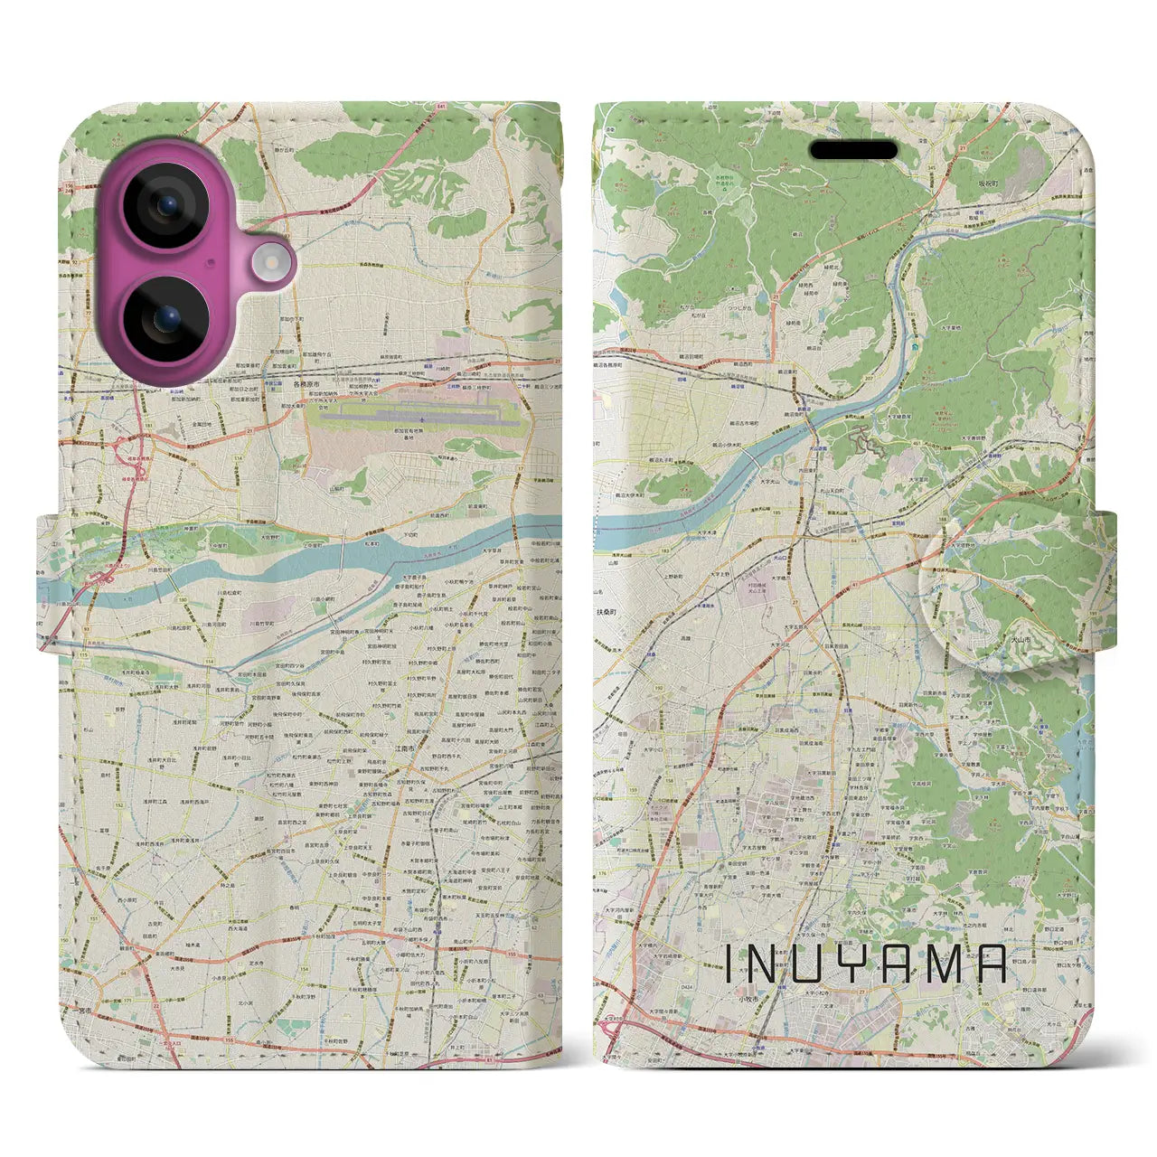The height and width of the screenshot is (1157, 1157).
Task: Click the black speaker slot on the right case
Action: [x=852, y=150]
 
